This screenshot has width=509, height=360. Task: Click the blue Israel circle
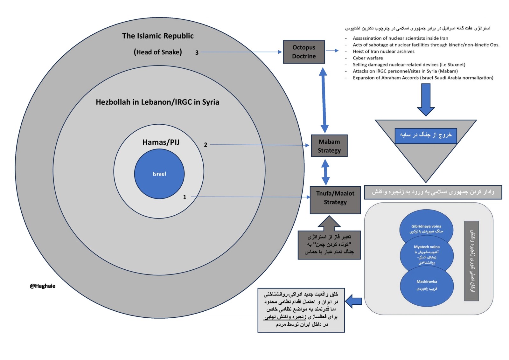(x=159, y=174)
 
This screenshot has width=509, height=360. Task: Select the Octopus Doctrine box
(x=304, y=52)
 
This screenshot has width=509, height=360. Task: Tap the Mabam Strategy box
(x=329, y=146)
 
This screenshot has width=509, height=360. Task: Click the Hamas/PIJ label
(x=161, y=142)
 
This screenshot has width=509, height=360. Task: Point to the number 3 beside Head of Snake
(x=197, y=52)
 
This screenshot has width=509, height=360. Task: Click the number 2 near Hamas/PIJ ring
(x=206, y=145)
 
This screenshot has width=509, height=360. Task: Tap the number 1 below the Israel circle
(x=185, y=197)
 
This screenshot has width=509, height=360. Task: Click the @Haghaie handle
(x=43, y=286)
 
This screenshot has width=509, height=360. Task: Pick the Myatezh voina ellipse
(x=427, y=255)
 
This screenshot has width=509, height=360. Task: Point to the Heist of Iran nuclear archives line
(x=383, y=51)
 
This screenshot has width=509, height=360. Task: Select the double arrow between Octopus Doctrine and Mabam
(x=324, y=100)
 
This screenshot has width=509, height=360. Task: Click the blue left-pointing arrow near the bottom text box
(x=353, y=301)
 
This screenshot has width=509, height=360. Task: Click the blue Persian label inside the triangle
(x=426, y=135)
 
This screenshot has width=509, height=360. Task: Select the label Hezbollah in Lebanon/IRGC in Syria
(x=157, y=102)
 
